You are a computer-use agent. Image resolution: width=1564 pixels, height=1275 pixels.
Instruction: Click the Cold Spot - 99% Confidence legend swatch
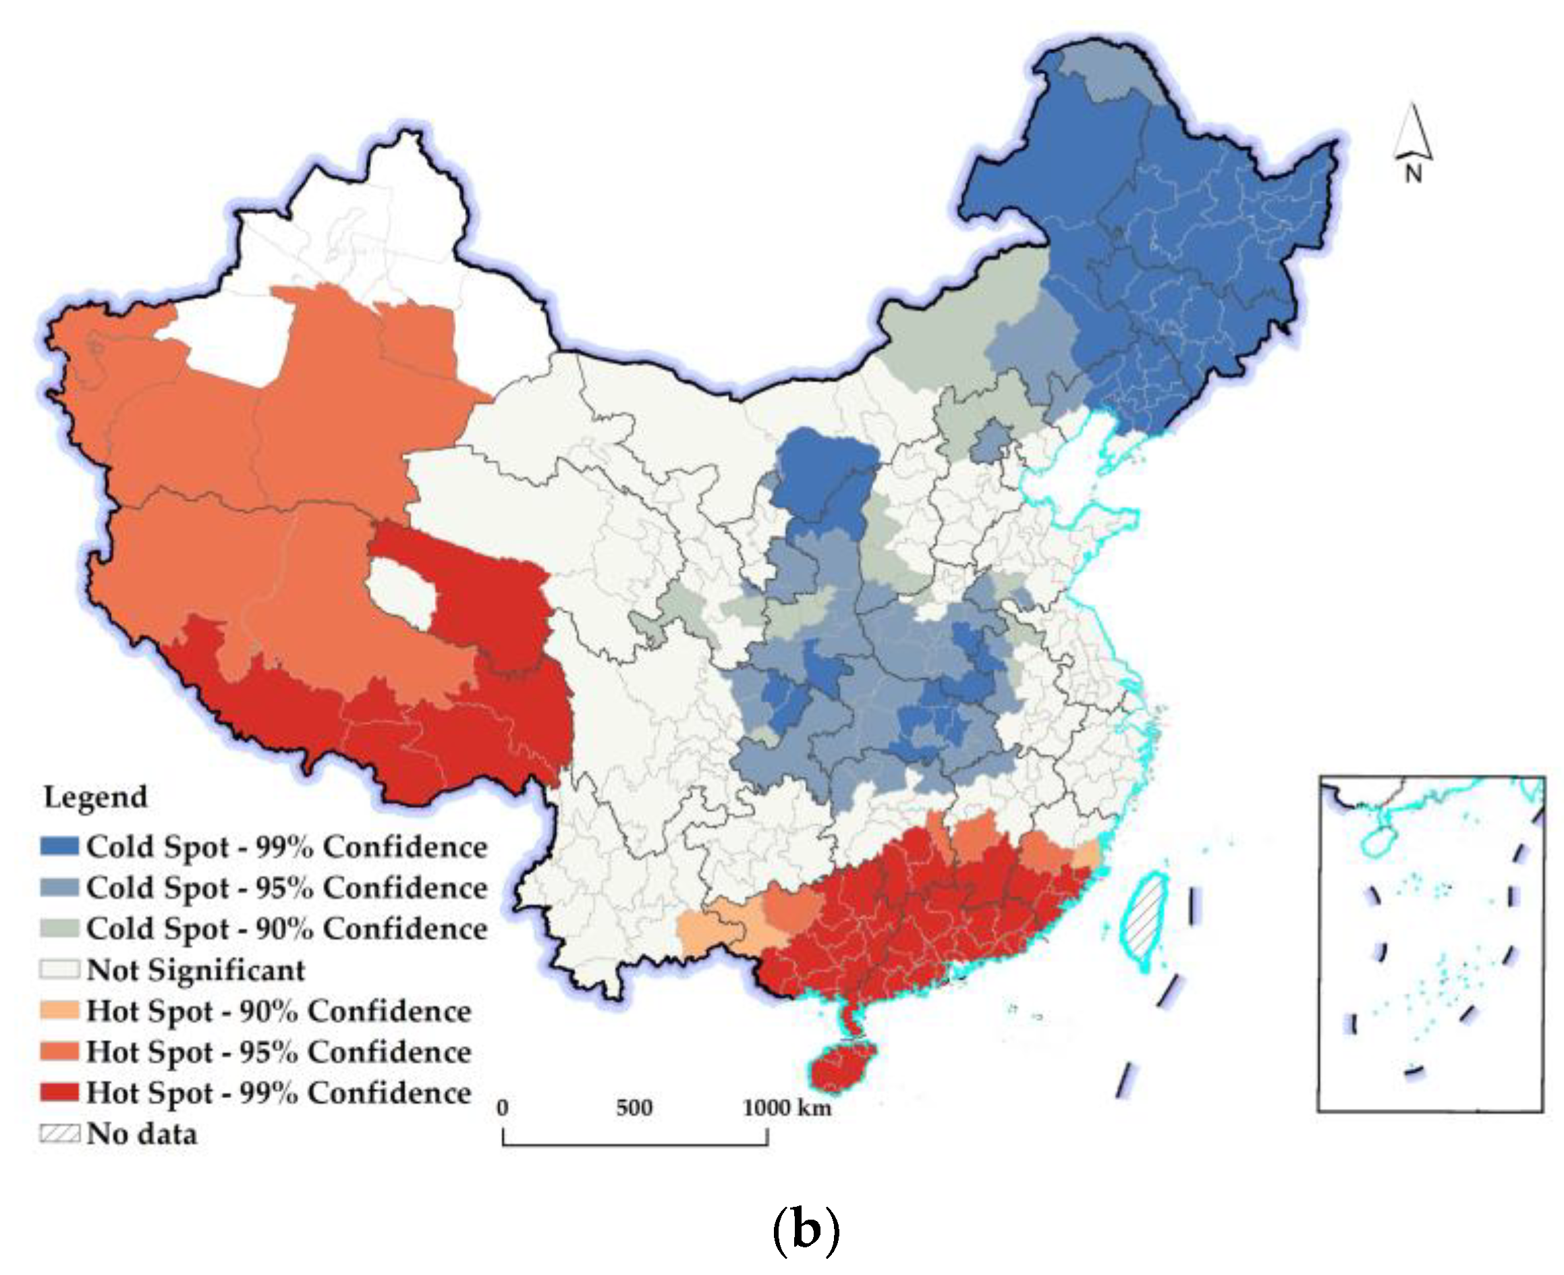point(59,846)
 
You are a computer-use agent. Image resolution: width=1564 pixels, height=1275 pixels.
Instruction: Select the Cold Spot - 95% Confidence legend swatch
point(59,887)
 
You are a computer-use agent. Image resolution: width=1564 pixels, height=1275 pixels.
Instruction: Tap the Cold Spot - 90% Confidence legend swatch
point(59,928)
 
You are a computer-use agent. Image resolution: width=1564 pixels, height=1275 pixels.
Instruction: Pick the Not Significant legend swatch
point(59,969)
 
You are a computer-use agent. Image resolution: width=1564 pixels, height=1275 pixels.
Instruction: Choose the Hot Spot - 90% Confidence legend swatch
point(59,1010)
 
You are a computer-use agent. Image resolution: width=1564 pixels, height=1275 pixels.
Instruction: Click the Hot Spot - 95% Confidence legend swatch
point(59,1052)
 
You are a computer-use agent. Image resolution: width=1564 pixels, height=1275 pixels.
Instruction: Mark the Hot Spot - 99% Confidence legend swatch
point(59,1092)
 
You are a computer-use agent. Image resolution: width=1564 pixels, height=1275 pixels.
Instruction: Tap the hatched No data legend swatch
point(59,1133)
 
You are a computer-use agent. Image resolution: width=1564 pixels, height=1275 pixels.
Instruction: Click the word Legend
point(95,797)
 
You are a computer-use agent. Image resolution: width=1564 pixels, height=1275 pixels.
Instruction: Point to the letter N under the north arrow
point(1414,175)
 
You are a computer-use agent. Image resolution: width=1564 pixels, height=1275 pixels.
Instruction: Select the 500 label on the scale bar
point(634,1108)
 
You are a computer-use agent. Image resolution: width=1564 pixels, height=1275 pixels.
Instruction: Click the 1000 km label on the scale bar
point(787,1108)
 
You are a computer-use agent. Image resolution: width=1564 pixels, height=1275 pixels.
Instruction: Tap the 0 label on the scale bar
point(502,1108)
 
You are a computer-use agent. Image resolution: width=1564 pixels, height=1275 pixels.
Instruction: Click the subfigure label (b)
point(806,1228)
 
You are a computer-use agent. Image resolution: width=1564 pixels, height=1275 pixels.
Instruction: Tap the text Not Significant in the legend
point(195,970)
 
